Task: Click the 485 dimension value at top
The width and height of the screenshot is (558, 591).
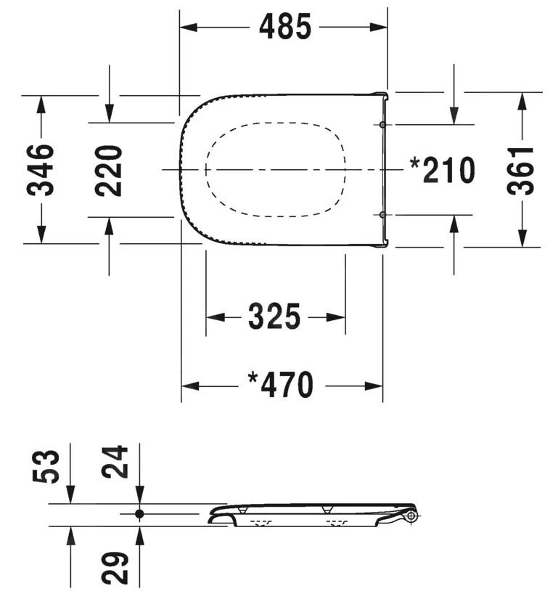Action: (285, 26)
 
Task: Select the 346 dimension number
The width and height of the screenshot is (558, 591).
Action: (41, 170)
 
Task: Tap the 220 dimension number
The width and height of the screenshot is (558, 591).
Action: (109, 171)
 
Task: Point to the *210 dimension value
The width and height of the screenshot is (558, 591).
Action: (443, 171)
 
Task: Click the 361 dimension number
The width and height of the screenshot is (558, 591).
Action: (520, 171)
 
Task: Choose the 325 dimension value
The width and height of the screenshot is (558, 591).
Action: (274, 317)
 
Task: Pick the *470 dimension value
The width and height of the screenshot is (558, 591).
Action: (281, 385)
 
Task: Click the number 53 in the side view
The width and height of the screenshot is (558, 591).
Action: (46, 466)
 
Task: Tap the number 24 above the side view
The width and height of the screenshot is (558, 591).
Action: (115, 462)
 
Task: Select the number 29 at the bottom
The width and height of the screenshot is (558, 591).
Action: (115, 568)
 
